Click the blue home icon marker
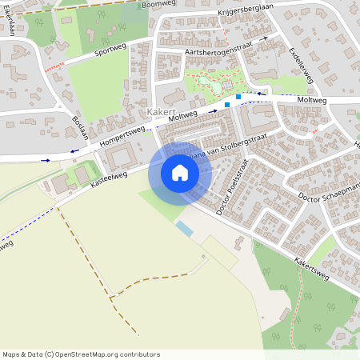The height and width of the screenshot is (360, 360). [179, 174]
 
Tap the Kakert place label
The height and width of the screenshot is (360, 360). [163, 113]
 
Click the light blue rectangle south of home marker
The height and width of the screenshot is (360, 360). [184, 229]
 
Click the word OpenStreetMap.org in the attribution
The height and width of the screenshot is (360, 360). [90, 354]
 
